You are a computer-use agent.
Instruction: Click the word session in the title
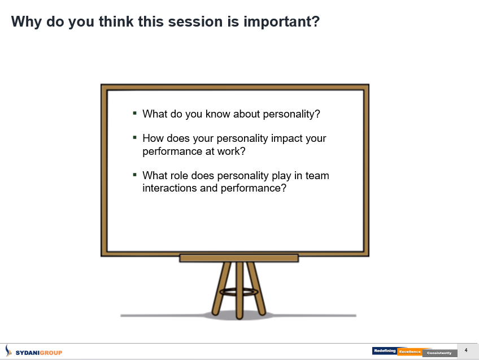[x=195, y=21]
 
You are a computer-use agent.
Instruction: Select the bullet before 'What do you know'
[x=134, y=113]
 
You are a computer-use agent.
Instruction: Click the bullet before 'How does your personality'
[x=134, y=137]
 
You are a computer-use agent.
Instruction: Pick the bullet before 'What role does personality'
[x=134, y=175]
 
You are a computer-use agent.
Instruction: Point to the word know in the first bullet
[x=217, y=114]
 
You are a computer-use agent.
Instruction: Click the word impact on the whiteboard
[x=287, y=138]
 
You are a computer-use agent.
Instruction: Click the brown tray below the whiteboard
[x=239, y=258]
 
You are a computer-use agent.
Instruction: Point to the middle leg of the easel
[x=239, y=290]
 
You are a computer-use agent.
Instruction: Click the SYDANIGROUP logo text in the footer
[x=39, y=353]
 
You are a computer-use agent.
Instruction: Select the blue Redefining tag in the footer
[x=385, y=351]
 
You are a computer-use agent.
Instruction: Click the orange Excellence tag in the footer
[x=410, y=352]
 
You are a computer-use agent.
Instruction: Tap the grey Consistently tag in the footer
[x=439, y=353]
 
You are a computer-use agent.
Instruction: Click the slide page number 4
[x=466, y=350]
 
